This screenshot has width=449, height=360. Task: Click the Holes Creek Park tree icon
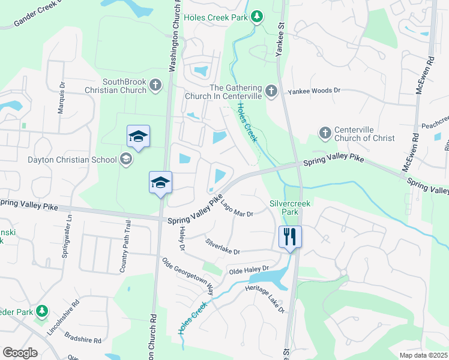pyautogui.click(x=258, y=17)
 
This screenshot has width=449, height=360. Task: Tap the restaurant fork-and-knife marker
pyautogui.click(x=290, y=236)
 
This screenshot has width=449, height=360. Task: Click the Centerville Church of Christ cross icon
pyautogui.click(x=325, y=133)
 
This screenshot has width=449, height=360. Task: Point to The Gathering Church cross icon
pyautogui.click(x=271, y=91)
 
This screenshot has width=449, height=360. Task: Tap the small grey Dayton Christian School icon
pyautogui.click(x=125, y=159)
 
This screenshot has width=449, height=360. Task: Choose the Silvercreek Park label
pyautogui.click(x=290, y=208)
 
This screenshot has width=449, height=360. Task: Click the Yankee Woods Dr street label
pyautogui.click(x=314, y=91)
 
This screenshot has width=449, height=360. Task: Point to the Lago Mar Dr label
pyautogui.click(x=237, y=209)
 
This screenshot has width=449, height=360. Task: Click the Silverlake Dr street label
pyautogui.click(x=222, y=247)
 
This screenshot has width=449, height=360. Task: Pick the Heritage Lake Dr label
pyautogui.click(x=265, y=298)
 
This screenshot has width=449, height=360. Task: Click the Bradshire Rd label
pyautogui.click(x=83, y=338)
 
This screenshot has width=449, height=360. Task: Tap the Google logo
pyautogui.click(x=20, y=353)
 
